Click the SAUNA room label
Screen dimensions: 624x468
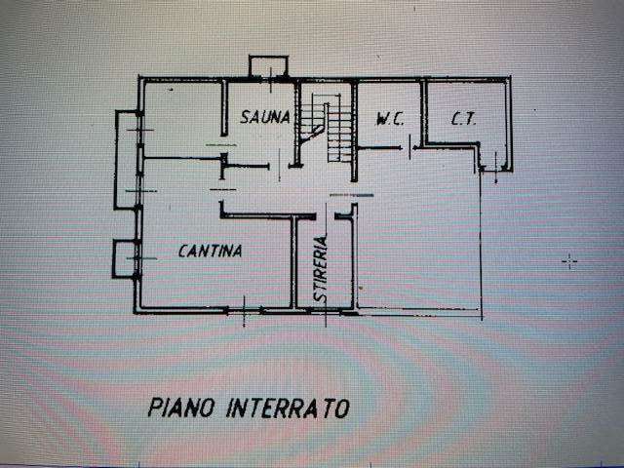tap(265, 118)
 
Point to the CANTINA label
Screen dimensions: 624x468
tap(210, 251)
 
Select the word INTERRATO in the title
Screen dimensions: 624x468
tap(288, 408)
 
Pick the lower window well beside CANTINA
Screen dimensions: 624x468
tap(125, 257)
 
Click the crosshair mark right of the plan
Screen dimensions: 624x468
tap(570, 260)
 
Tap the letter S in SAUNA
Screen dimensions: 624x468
tap(247, 118)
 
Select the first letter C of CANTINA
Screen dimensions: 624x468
tap(183, 251)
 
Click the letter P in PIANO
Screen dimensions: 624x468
tap(156, 408)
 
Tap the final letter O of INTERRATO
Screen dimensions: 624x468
tap(342, 408)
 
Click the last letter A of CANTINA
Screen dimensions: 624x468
tap(237, 251)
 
